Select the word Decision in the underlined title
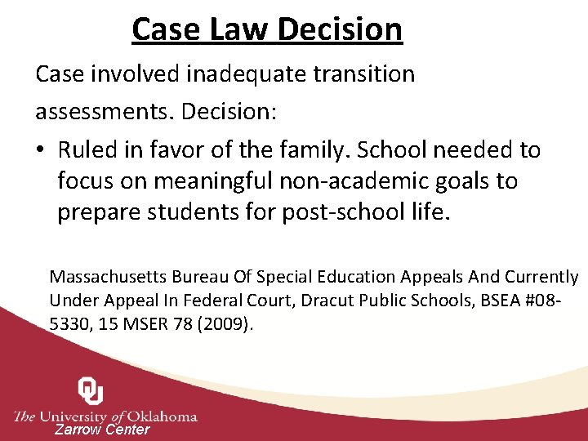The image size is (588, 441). pos(340,29)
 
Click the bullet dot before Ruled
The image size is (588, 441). pos(42,150)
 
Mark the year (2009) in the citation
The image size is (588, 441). pos(228,324)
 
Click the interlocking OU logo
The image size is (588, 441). pos(91,391)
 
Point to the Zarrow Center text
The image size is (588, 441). pos(102,430)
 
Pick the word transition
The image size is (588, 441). pos(367,74)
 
